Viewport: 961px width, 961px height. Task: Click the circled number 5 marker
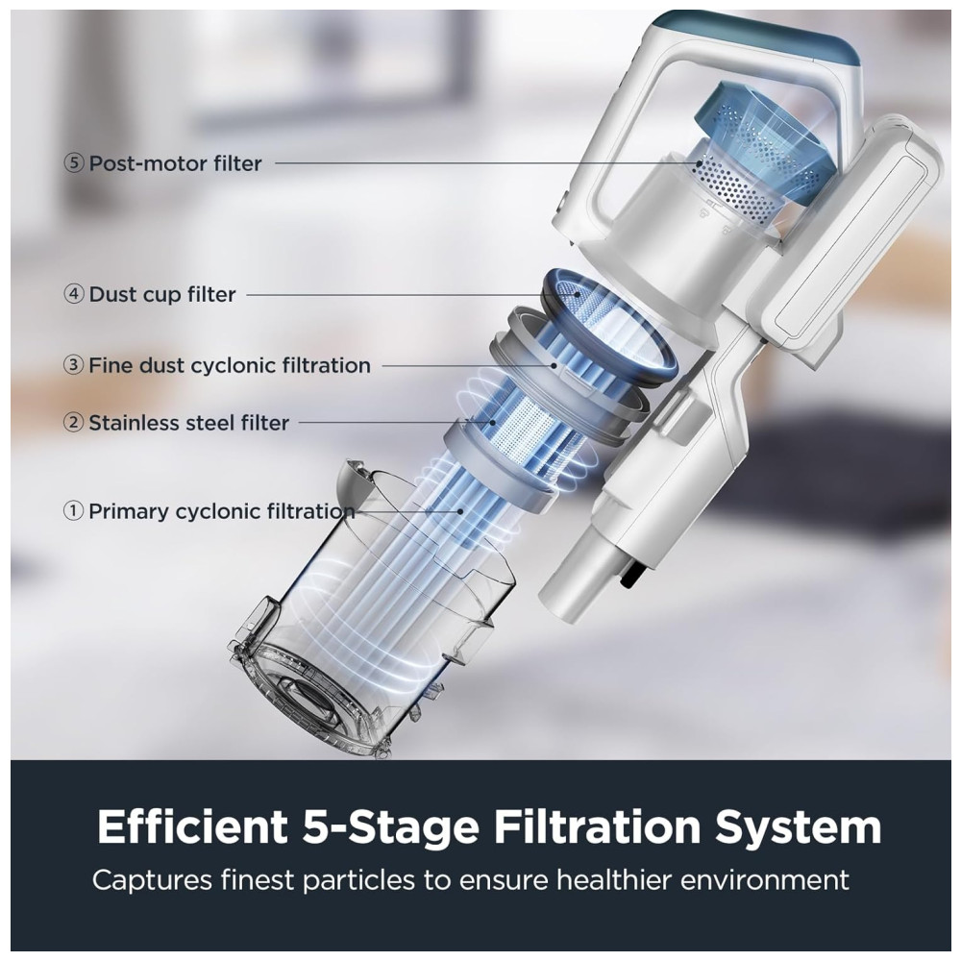click(x=74, y=163)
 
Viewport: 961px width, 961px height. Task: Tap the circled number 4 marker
click(x=74, y=294)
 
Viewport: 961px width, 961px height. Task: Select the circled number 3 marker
click(x=74, y=365)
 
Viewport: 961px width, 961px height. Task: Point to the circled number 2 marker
click(x=74, y=423)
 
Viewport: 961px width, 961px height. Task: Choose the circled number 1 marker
click(x=74, y=511)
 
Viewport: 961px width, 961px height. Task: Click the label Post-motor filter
click(x=175, y=163)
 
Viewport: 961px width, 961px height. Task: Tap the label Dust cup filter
click(x=162, y=295)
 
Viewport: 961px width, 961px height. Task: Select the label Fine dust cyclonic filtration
click(x=230, y=365)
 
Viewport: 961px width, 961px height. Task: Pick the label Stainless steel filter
click(x=188, y=423)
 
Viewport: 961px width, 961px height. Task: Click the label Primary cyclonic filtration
click(x=222, y=512)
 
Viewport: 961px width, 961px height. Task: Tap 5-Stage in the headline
click(x=390, y=827)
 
